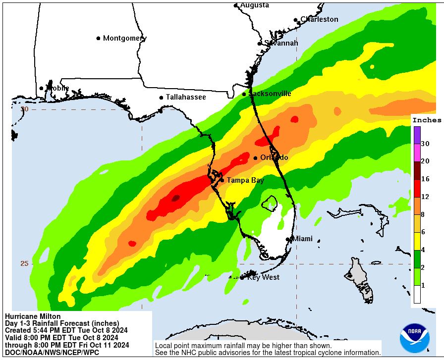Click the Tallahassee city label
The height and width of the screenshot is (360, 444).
186,97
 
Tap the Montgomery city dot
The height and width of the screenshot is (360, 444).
99,38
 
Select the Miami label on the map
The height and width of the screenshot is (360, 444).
302,239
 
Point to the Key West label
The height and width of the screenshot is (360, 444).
263,277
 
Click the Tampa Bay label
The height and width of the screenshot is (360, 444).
245,180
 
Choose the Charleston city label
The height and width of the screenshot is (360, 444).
319,19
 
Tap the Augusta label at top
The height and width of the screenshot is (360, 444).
255,5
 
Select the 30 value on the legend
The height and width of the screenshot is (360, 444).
425,144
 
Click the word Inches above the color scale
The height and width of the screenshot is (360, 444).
427,120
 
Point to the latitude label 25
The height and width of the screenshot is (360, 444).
24,263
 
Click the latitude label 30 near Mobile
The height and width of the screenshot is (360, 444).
25,109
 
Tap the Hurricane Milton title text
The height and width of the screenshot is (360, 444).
33,316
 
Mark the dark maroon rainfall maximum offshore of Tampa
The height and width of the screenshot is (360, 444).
175,198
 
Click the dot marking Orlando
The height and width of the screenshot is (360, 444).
255,158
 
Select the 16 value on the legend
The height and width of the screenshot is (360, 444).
425,179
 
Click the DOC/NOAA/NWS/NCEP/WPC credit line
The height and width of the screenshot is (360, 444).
52,352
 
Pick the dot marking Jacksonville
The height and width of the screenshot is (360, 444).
244,94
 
